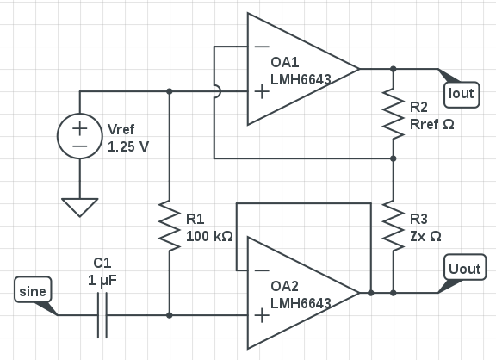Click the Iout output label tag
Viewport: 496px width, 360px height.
462,95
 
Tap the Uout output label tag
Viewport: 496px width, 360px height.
465,267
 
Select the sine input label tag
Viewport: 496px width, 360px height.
33,289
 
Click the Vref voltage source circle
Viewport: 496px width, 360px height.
80,136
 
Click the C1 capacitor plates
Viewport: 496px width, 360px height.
102,315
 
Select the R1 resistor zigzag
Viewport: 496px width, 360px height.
170,226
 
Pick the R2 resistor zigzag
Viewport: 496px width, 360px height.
394,114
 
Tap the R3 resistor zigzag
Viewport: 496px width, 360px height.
394,226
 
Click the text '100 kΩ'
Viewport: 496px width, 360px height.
209,236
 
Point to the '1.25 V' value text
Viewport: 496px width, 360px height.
128,146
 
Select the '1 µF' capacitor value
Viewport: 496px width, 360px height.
102,281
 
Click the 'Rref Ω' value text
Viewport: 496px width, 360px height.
432,124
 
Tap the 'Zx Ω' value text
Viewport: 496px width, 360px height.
425,236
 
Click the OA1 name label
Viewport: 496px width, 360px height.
285,62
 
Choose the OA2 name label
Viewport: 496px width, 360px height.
285,286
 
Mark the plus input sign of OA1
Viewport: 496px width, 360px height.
262,92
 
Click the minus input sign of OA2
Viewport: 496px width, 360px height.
262,270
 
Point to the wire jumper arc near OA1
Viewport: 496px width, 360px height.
219,92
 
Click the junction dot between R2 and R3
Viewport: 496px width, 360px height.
394,158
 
